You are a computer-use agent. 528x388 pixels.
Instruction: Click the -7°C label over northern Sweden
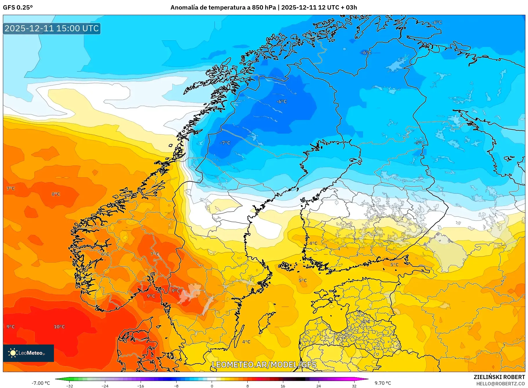tap(225, 143)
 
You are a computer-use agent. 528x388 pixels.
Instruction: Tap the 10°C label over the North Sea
tap(59, 327)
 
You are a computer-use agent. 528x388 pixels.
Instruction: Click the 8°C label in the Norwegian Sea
tap(56, 194)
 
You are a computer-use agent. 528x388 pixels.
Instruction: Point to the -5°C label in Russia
tap(420, 143)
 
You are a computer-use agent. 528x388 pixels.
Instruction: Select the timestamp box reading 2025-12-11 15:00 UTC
tap(52, 28)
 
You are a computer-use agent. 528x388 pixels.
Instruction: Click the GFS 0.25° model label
tap(18, 8)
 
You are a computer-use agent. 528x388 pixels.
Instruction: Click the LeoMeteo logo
tap(28, 353)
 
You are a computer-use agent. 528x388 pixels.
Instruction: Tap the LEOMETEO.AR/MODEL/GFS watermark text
tap(264, 365)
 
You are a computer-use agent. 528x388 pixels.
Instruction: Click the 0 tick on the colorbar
tap(212, 386)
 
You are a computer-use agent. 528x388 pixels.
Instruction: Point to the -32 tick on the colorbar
tap(70, 386)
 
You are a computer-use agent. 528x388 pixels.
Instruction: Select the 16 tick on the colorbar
tap(283, 386)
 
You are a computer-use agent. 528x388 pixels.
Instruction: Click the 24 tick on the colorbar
tap(318, 386)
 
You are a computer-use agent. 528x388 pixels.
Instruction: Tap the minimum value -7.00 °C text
tap(41, 383)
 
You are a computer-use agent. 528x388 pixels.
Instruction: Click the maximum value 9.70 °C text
tap(383, 383)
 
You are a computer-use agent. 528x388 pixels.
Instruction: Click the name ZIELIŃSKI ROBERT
tap(499, 377)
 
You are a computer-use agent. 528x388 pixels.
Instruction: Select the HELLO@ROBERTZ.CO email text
tap(500, 384)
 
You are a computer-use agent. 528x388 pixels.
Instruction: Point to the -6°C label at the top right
tap(437, 22)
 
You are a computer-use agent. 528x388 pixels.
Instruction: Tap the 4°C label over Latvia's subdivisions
tap(366, 321)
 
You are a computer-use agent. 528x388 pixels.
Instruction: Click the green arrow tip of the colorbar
tap(56, 379)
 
